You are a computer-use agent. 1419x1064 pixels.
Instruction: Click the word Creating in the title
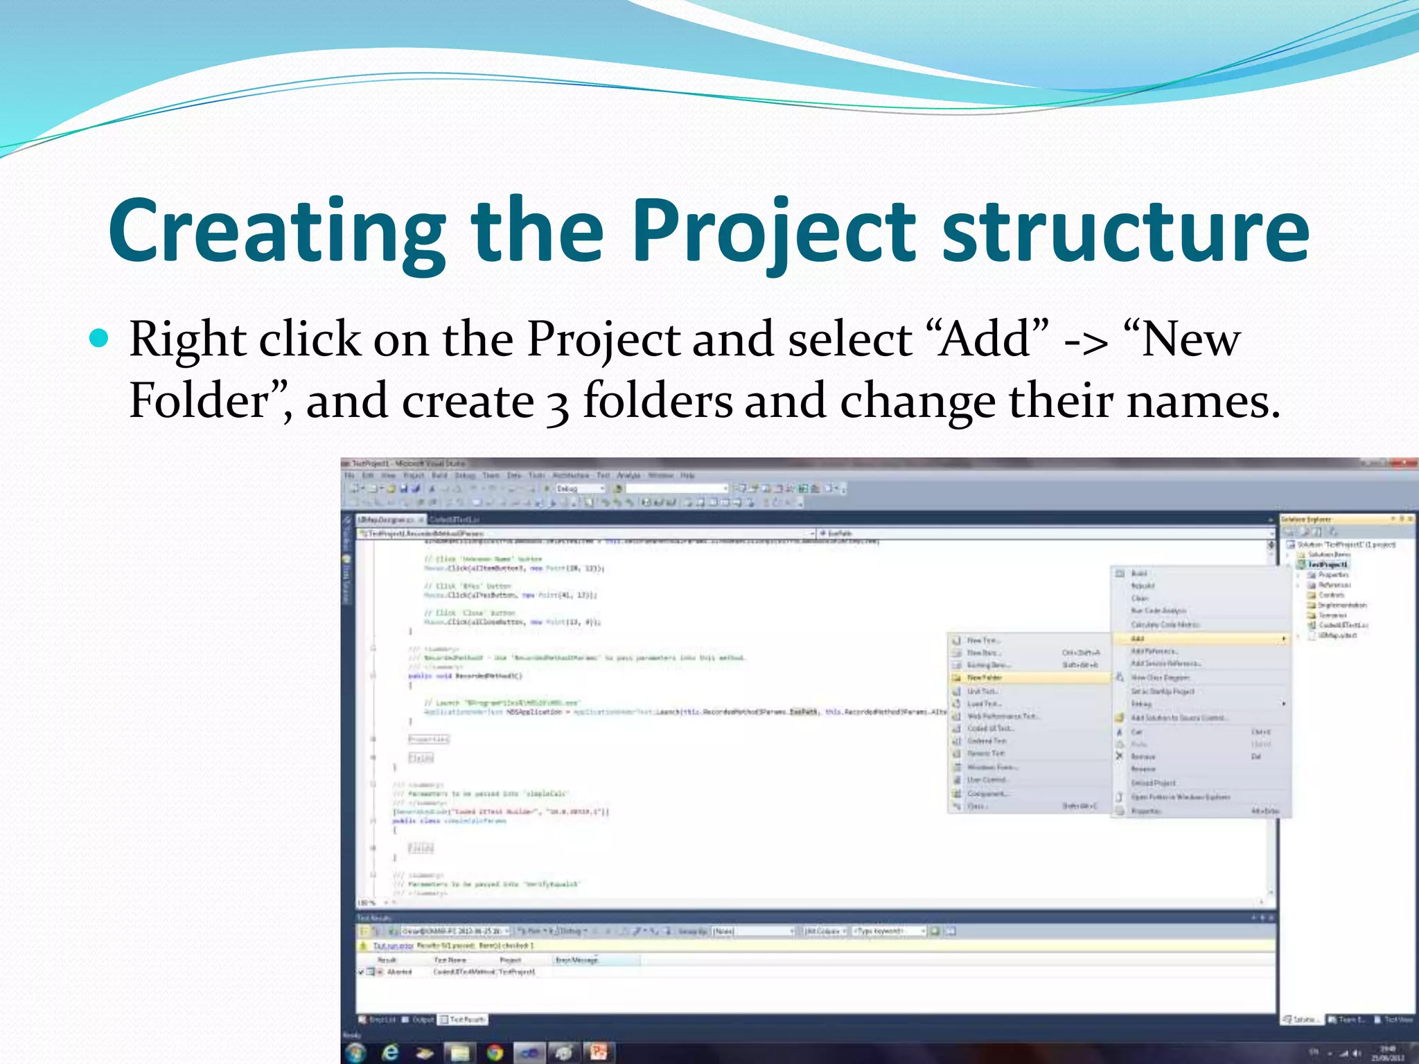(x=277, y=232)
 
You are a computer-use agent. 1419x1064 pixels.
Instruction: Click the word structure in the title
(x=1125, y=232)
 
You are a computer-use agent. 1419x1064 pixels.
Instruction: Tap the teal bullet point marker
(x=100, y=338)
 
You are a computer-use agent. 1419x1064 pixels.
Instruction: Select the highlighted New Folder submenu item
(x=985, y=677)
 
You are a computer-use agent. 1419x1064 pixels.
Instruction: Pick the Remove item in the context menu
(x=1143, y=756)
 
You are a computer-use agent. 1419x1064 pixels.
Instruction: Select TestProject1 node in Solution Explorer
(x=1327, y=565)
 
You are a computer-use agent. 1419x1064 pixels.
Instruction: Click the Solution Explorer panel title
(x=1305, y=519)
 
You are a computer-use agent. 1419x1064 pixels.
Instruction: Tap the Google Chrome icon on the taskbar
(x=495, y=1053)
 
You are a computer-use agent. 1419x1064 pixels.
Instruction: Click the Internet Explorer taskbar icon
(x=390, y=1053)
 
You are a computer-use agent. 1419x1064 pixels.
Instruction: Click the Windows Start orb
(x=355, y=1053)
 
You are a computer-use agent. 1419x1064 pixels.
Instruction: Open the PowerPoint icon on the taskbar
(x=598, y=1053)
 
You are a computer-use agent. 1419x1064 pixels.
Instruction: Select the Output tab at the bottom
(x=422, y=1020)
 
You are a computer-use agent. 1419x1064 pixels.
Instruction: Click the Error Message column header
(x=576, y=960)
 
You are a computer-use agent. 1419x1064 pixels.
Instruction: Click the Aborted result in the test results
(x=399, y=972)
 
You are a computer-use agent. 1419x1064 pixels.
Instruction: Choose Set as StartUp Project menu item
(x=1163, y=691)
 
